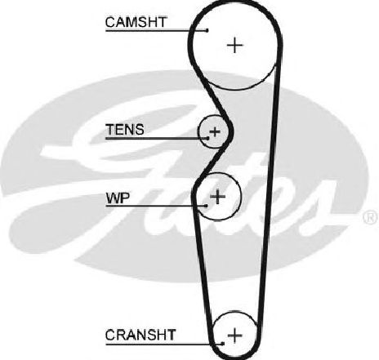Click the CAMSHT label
(136, 22)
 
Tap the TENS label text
(125, 130)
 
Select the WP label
(118, 198)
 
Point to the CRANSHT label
(140, 335)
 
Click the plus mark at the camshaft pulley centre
(234, 45)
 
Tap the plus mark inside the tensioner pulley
(215, 132)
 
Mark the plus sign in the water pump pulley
(218, 196)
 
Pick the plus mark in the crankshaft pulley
(234, 335)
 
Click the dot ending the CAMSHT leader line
(207, 30)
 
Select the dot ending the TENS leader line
(207, 138)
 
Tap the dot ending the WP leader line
(206, 206)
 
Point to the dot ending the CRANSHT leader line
(223, 344)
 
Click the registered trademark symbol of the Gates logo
(371, 217)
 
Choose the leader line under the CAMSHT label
(156, 30)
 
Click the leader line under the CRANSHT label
(164, 344)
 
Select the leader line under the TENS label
(157, 138)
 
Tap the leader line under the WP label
(156, 206)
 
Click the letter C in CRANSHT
(110, 335)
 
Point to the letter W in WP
(113, 198)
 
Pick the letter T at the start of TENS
(110, 130)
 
